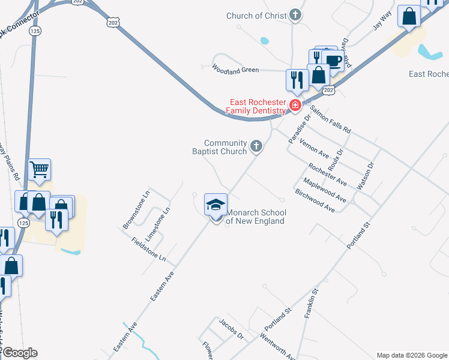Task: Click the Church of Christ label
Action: click(x=256, y=16)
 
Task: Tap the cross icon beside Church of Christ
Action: click(x=295, y=15)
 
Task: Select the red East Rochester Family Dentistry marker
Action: click(x=295, y=106)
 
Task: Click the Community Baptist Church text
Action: click(x=225, y=147)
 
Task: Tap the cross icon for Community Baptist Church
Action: click(x=256, y=146)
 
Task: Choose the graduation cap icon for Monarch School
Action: click(x=216, y=205)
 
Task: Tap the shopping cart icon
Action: click(x=39, y=170)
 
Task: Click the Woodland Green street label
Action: click(x=235, y=70)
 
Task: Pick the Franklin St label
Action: click(x=310, y=303)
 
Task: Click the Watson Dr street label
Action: click(x=366, y=176)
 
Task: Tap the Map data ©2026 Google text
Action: click(x=411, y=355)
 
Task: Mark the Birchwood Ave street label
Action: click(x=315, y=200)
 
